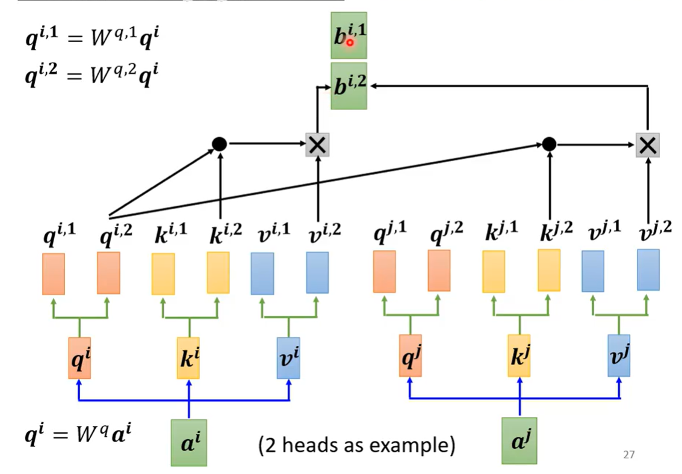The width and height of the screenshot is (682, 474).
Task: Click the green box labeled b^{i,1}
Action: pyautogui.click(x=349, y=35)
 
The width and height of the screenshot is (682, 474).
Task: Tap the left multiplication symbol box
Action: pyautogui.click(x=317, y=144)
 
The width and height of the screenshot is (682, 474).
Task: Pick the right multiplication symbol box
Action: pyautogui.click(x=647, y=144)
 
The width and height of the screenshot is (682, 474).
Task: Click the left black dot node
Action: pyautogui.click(x=219, y=144)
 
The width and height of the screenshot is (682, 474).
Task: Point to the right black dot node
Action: pyautogui.click(x=548, y=144)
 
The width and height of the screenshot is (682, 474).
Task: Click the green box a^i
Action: pyautogui.click(x=189, y=443)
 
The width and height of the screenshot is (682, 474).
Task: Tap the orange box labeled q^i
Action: pyautogui.click(x=79, y=358)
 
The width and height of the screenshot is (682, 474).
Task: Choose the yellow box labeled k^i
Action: pyautogui.click(x=188, y=358)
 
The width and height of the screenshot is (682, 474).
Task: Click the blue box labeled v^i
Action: pyautogui.click(x=288, y=358)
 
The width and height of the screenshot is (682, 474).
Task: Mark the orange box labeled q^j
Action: pyautogui.click(x=410, y=356)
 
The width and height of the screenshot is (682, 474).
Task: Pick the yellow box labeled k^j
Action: pyautogui.click(x=519, y=356)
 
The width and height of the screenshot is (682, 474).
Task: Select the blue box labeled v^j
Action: pyautogui.click(x=618, y=356)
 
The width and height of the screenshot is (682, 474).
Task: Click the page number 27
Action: pyautogui.click(x=629, y=455)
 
